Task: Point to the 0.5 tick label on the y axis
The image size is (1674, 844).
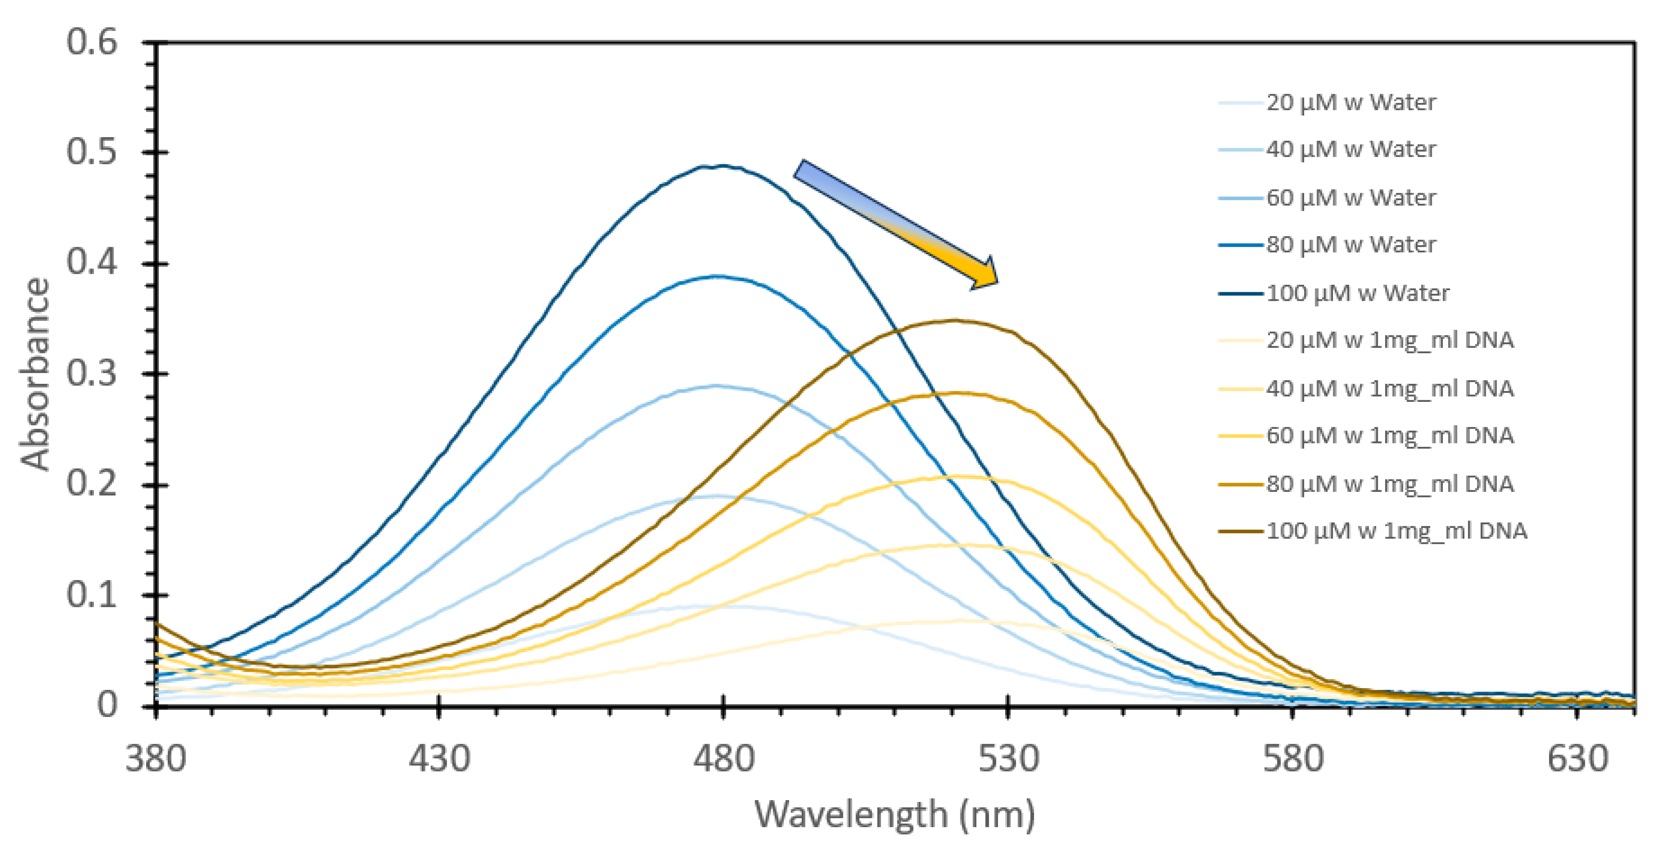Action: [92, 152]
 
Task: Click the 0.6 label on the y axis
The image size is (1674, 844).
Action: [92, 42]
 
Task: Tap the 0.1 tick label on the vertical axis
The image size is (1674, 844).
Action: [92, 595]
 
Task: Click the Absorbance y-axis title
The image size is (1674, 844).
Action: [35, 374]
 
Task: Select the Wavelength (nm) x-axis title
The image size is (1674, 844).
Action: [894, 814]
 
